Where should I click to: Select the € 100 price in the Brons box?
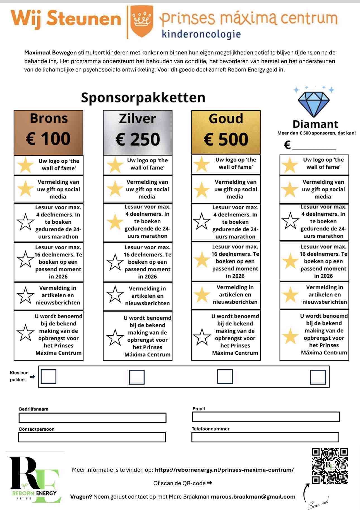tap(48, 139)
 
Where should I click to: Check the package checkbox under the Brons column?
tap(48, 376)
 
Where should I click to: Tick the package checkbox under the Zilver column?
tap(137, 377)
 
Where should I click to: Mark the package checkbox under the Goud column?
tap(225, 376)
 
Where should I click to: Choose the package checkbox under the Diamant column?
tap(318, 377)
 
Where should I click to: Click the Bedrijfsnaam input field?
tap(92, 418)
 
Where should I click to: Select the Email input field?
tap(266, 417)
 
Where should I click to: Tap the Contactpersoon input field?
tap(92, 437)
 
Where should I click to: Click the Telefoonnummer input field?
tap(265, 437)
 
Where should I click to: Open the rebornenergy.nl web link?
tap(224, 470)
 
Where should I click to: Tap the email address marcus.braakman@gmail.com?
tap(253, 497)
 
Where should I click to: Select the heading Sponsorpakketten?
tap(143, 97)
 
